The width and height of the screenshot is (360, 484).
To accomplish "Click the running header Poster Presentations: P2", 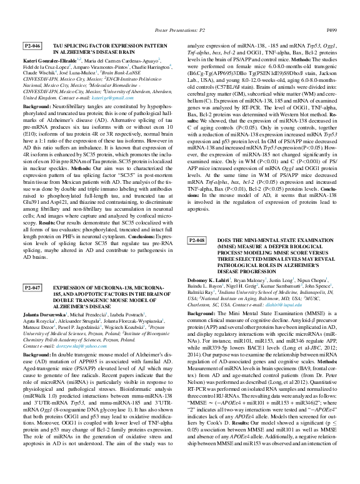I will tap(179, 29).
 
